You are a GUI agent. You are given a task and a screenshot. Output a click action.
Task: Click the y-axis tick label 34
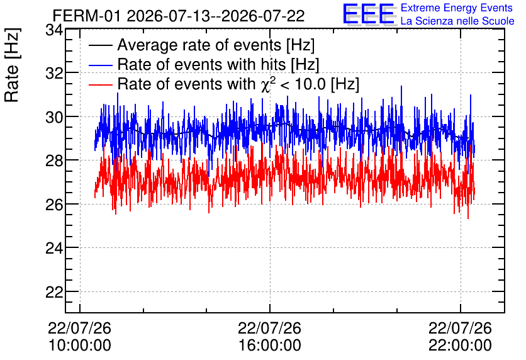54,30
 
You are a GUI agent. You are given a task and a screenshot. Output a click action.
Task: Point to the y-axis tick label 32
54,73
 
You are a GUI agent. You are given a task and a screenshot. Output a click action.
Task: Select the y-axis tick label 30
54,117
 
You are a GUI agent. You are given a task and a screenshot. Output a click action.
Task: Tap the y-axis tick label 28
54,160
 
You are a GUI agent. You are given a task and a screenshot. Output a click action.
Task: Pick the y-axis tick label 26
54,205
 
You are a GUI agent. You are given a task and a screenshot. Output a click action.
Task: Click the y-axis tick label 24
54,248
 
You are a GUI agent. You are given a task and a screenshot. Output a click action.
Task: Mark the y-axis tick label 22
54,292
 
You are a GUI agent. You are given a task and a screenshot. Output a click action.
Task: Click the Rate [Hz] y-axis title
12,65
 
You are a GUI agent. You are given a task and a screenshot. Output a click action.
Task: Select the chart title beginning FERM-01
179,16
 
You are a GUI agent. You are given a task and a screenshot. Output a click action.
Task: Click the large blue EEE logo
369,14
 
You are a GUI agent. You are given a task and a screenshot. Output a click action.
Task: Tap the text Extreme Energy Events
457,8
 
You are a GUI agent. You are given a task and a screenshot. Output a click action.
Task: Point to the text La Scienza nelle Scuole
457,21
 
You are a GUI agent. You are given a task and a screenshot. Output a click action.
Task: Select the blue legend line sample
100,65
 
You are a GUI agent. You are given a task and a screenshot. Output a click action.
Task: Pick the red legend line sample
100,84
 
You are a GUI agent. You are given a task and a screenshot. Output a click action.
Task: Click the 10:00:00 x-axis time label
80,345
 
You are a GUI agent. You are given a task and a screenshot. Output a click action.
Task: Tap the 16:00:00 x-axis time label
270,345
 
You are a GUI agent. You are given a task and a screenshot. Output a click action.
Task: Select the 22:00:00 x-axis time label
461,345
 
